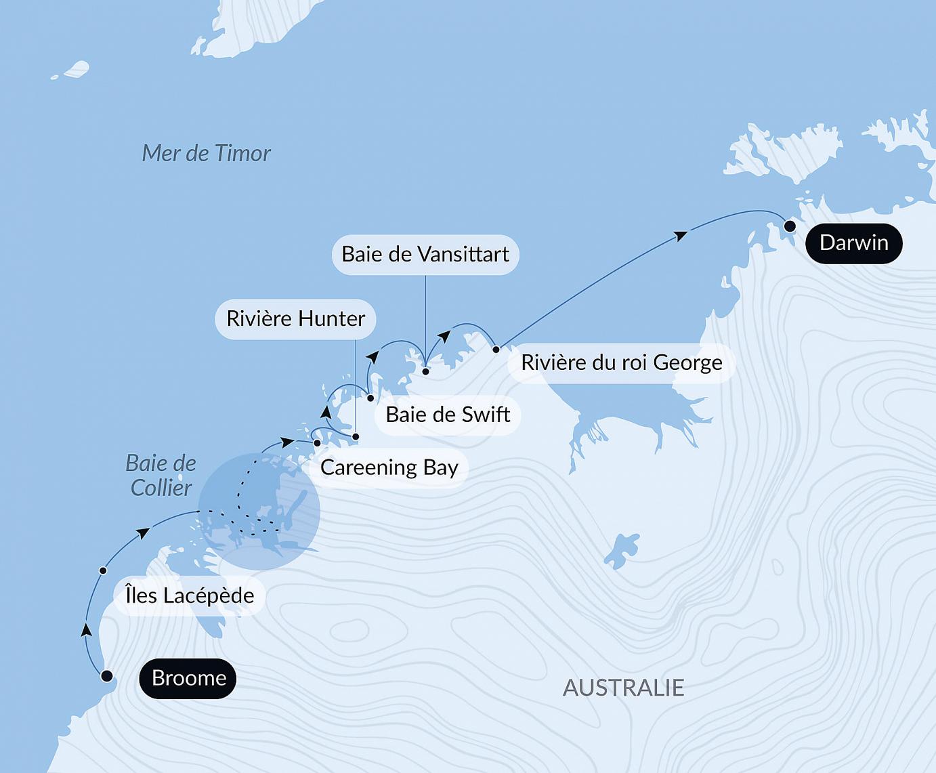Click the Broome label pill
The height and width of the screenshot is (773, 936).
click(188, 678)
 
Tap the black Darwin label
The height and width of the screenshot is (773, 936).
click(853, 243)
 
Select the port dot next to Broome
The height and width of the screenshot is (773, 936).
click(106, 676)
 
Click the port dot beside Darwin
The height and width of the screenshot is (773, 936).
click(790, 226)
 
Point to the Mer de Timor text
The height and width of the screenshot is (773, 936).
click(206, 153)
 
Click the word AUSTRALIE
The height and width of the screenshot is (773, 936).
click(623, 688)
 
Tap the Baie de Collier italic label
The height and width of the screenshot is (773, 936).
click(161, 476)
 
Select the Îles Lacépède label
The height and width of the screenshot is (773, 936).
click(190, 596)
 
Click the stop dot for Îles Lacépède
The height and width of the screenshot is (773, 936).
click(103, 570)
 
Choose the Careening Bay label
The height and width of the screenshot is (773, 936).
click(389, 467)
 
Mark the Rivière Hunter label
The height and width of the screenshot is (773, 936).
click(295, 318)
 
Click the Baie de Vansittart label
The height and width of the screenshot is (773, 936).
click(425, 254)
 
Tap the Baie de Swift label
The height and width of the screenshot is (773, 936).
click(447, 415)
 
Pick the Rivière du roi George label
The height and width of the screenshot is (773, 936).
click(621, 362)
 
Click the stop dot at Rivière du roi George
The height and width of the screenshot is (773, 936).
click(496, 350)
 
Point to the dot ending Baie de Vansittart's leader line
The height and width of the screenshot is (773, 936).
click(425, 371)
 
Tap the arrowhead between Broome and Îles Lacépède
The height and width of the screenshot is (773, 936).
click(86, 629)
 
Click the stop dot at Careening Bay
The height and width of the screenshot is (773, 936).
click(317, 443)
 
